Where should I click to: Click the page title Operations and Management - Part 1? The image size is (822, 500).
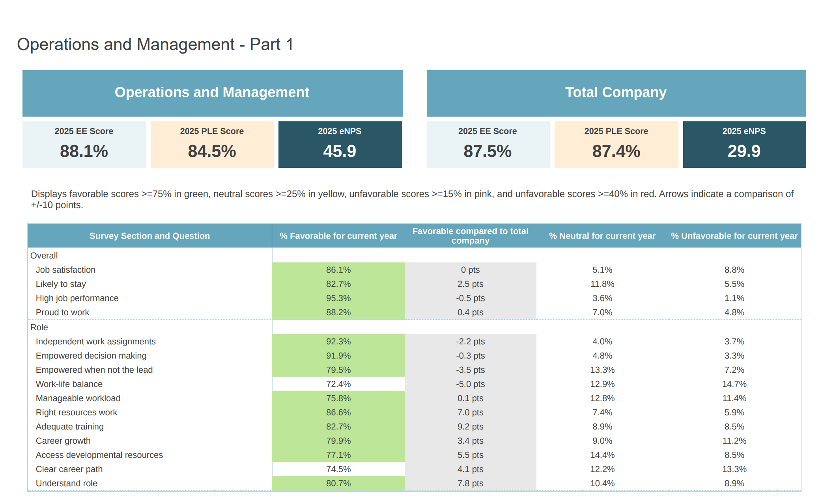click(155, 44)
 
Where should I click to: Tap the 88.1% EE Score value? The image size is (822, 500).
click(84, 151)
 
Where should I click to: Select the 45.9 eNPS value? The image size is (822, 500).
click(340, 151)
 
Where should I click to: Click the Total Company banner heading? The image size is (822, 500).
click(616, 92)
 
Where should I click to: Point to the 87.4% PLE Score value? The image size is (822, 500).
click(616, 151)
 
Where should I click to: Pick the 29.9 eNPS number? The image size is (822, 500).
click(744, 151)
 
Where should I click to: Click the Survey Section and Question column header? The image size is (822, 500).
click(149, 236)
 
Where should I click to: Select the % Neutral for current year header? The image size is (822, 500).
click(602, 236)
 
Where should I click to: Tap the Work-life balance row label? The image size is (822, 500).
click(69, 384)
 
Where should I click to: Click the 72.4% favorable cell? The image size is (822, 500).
click(338, 384)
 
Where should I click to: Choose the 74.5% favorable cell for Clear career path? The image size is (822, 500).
click(338, 469)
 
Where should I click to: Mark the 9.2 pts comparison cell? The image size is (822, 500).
click(470, 426)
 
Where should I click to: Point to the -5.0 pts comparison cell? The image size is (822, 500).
click(470, 384)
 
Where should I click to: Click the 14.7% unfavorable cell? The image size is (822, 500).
click(734, 384)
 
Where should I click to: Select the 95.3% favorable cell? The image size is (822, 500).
click(338, 298)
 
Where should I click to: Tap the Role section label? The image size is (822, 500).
click(39, 327)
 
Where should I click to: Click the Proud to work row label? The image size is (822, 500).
click(62, 312)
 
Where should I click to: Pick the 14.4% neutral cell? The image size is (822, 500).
click(602, 455)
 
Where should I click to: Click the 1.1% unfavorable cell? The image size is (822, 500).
click(734, 298)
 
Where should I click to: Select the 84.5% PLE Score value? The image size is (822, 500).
click(212, 151)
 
